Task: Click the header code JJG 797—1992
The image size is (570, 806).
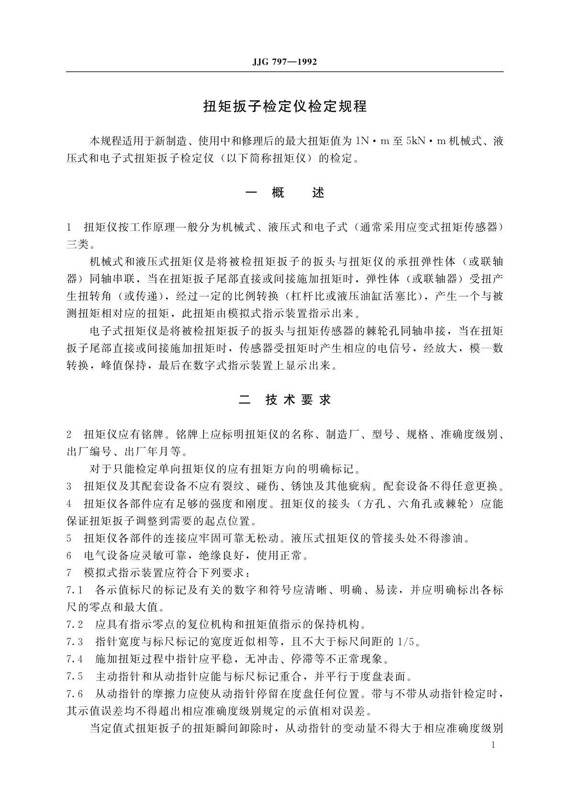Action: pos(284,62)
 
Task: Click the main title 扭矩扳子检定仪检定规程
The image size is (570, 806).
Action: pos(285,106)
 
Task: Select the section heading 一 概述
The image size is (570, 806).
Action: pos(284,192)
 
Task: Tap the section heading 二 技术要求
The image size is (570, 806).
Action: pos(284,400)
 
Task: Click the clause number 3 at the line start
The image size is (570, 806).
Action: pos(69,487)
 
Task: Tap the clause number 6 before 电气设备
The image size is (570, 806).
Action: pos(69,556)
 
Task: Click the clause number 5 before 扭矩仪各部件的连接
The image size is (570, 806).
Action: pos(69,538)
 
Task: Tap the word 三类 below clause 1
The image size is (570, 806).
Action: pos(77,245)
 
